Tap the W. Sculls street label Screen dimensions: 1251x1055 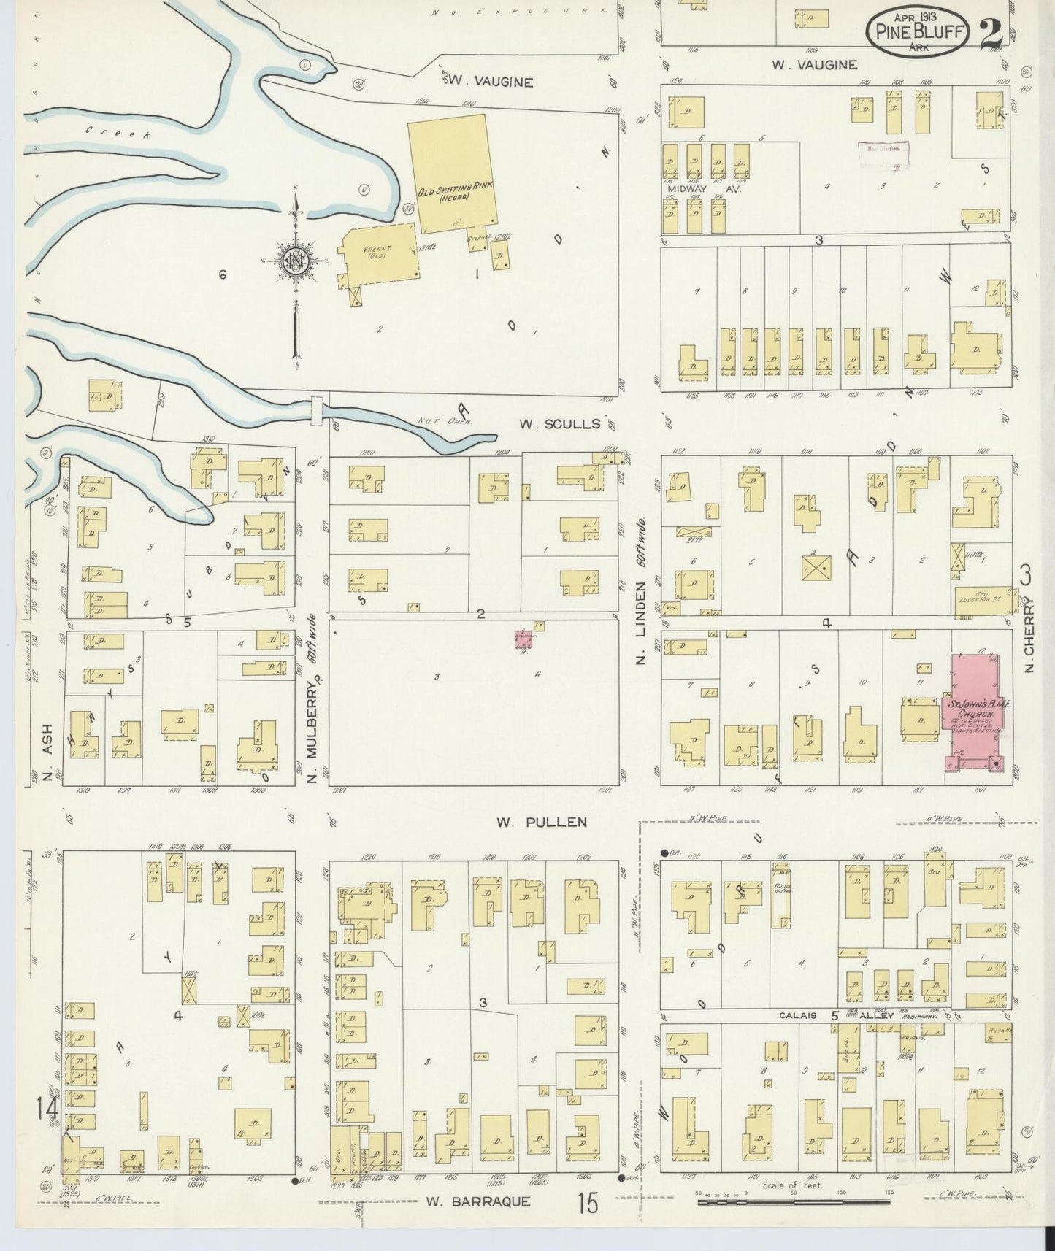pyautogui.click(x=559, y=424)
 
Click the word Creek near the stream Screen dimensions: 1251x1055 pyautogui.click(x=117, y=133)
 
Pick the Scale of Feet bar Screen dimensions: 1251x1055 pyautogui.click(x=792, y=1201)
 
